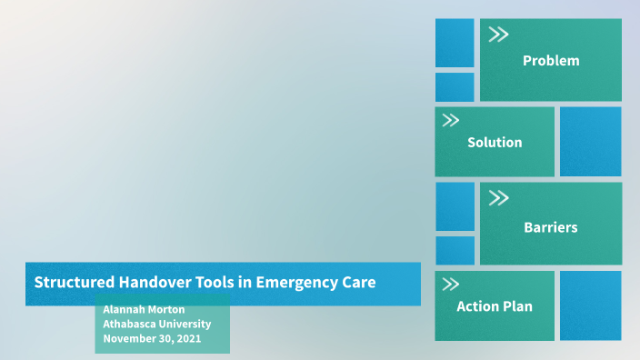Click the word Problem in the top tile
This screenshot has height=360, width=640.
[550, 61]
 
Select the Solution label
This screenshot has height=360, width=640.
[495, 143]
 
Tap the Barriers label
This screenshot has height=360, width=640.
[550, 227]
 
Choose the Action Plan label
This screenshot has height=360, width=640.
[495, 306]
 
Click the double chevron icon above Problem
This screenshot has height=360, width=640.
[498, 35]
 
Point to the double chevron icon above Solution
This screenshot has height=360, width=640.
[450, 120]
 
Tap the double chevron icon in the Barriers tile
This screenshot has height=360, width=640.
[498, 198]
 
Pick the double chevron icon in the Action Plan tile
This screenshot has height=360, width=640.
[450, 285]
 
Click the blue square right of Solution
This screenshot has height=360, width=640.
[590, 141]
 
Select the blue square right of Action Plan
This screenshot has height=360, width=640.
[590, 305]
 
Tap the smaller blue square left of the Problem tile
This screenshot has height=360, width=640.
[455, 87]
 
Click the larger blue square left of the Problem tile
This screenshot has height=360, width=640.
[455, 43]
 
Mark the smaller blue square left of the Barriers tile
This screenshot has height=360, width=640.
[455, 250]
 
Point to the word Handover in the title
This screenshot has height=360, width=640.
[155, 282]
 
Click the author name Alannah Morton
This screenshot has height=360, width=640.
[144, 309]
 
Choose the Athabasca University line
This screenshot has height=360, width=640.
[156, 324]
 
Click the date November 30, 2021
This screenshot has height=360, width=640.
[152, 338]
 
